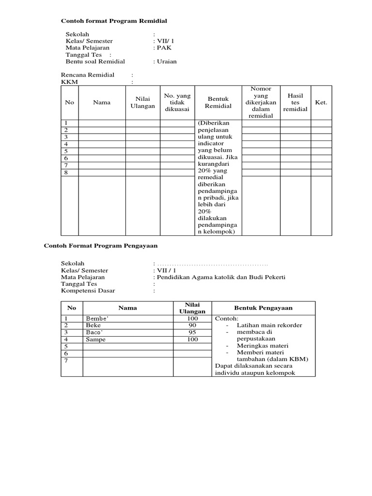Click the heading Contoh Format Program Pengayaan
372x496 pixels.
[x=101, y=246]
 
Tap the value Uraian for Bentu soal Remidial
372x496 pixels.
[x=166, y=62]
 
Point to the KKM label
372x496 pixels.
[x=69, y=82]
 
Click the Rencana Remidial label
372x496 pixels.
[x=88, y=75]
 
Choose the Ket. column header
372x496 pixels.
[x=321, y=102]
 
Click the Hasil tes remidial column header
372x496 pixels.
[x=295, y=102]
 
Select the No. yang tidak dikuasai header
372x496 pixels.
[x=177, y=102]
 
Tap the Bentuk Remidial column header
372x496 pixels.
[x=218, y=102]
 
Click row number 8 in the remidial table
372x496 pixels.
[x=66, y=172]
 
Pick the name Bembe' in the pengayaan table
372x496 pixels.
[x=96, y=319]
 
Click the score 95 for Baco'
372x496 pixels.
[x=192, y=333]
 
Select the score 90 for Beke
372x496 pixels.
[x=192, y=325]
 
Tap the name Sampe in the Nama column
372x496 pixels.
[x=95, y=340]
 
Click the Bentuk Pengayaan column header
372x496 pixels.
[x=263, y=308]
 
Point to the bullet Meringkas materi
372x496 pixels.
[x=263, y=345]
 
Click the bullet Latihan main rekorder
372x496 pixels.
[x=269, y=325]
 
